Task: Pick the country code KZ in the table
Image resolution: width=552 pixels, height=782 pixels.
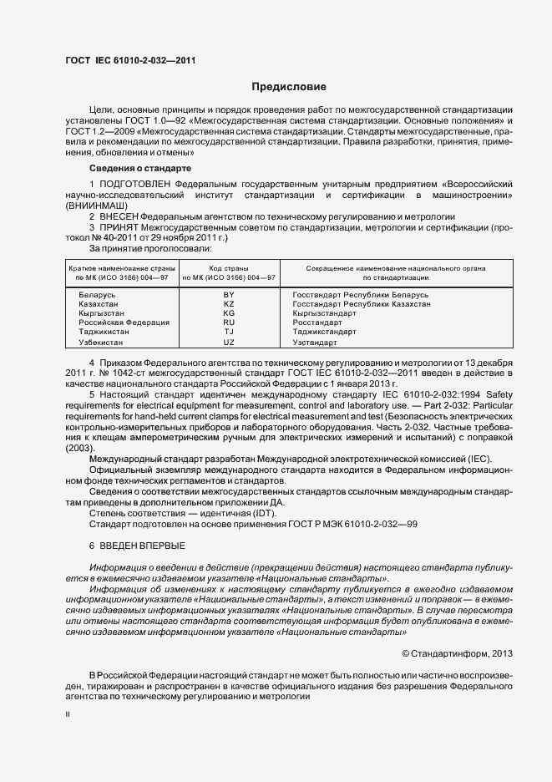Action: (x=229, y=305)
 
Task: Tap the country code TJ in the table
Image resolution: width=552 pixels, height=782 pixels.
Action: (x=229, y=332)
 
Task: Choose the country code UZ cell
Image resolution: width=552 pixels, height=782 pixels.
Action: (x=229, y=343)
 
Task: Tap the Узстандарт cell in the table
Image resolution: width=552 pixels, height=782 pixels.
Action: (x=315, y=343)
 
